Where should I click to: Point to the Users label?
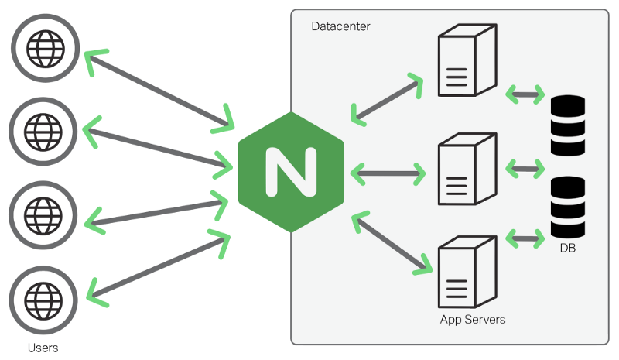click(43, 348)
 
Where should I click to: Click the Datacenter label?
click(340, 26)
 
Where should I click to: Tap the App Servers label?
click(472, 319)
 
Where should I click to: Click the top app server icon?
click(465, 61)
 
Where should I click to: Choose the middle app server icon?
click(465, 170)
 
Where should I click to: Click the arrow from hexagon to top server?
click(387, 99)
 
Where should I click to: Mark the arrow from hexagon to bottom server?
click(392, 243)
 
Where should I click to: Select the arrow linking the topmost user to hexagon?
click(159, 90)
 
